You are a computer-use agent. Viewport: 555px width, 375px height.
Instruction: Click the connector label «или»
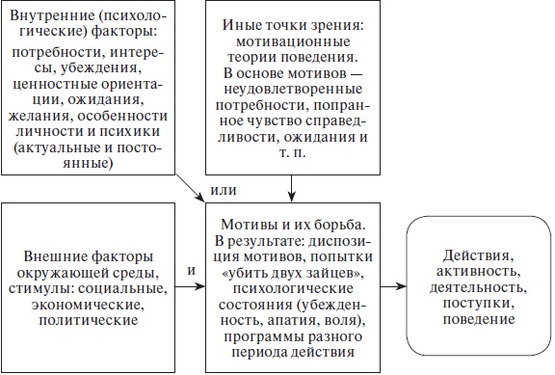click(223, 188)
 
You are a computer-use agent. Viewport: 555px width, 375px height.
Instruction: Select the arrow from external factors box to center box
click(193, 287)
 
